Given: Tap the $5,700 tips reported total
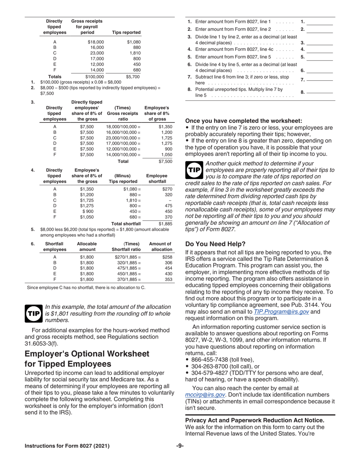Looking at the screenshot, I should click(x=133, y=76).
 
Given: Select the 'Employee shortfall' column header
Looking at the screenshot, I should click(x=157, y=178).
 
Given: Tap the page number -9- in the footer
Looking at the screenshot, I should click(x=180, y=446).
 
